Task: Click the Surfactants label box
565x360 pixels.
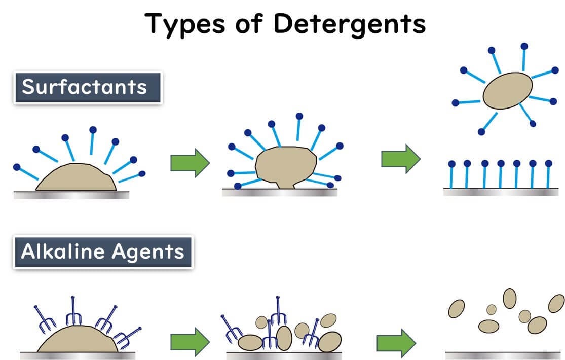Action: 87,88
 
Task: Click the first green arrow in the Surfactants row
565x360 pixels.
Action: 190,162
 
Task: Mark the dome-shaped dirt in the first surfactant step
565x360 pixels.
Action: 76,178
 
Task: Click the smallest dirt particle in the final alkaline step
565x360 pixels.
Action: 491,309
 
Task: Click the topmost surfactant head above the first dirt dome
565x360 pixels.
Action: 93,130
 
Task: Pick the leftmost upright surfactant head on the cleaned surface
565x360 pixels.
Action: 451,163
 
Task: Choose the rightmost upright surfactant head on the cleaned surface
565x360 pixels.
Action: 548,163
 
